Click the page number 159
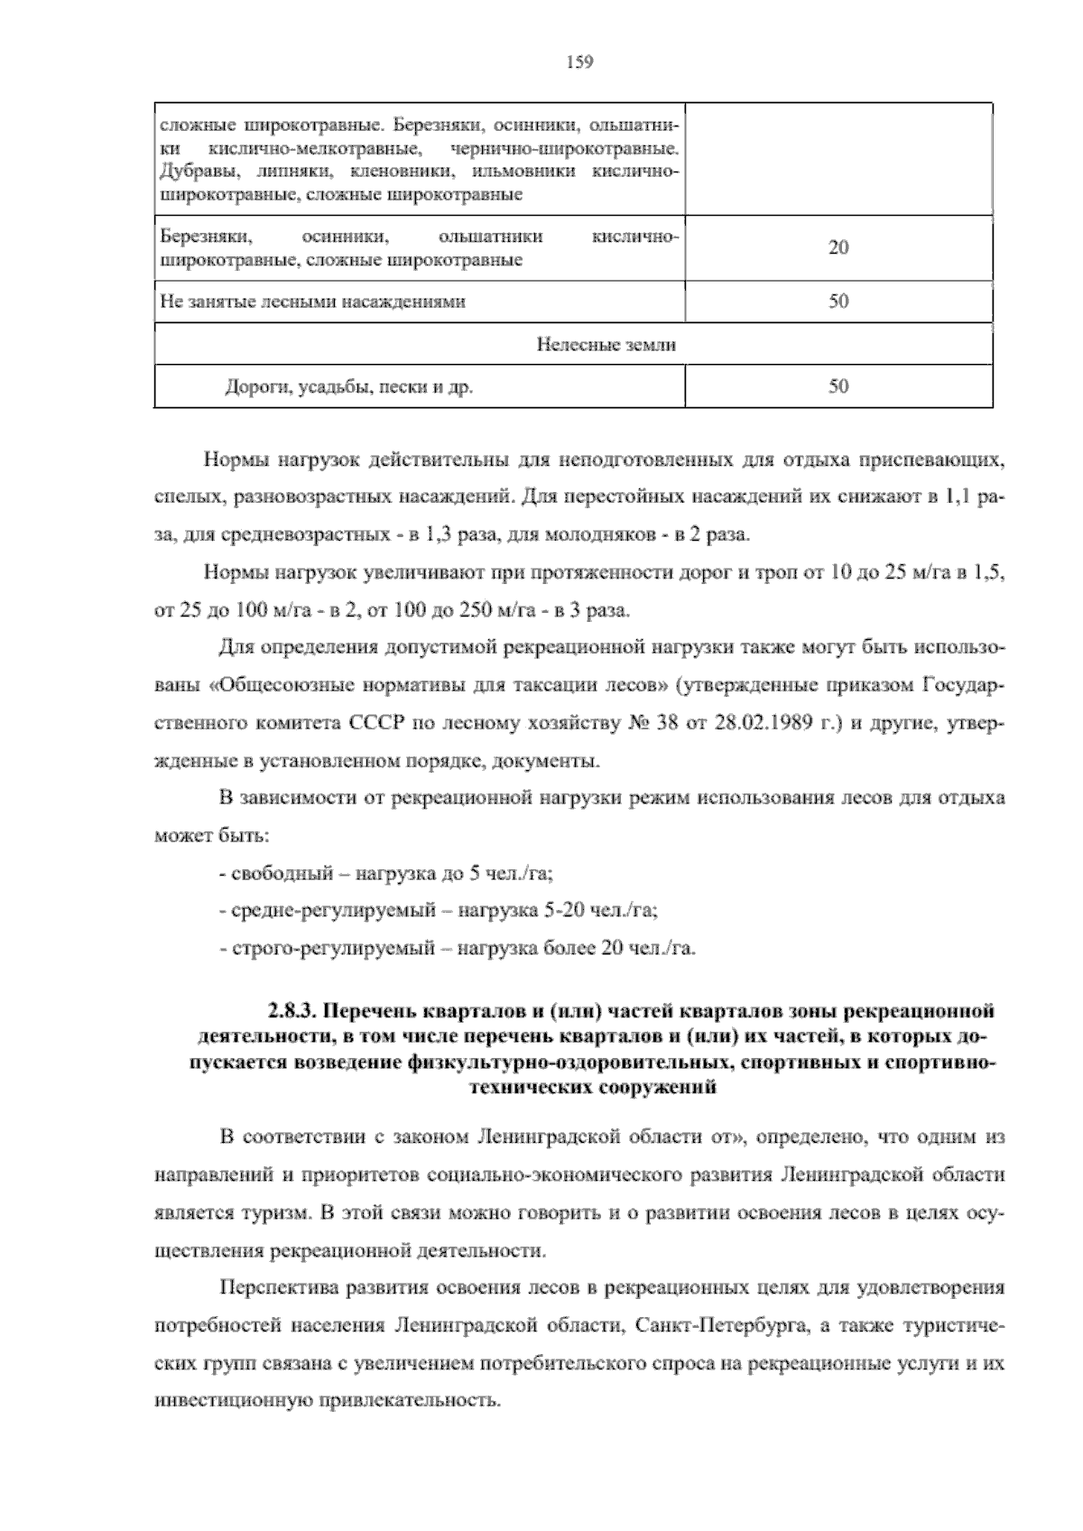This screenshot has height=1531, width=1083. tap(579, 61)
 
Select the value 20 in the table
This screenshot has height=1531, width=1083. tap(838, 248)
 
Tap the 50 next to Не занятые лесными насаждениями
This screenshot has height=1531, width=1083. tap(838, 302)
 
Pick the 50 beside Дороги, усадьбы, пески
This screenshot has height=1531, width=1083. tap(838, 386)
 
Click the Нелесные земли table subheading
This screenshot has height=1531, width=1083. tap(606, 344)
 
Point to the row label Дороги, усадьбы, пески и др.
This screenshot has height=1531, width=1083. tap(348, 387)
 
